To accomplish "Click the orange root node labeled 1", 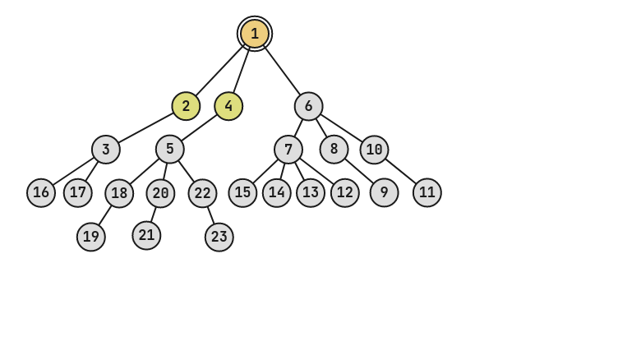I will tap(255, 34).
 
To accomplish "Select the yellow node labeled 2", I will tap(186, 106).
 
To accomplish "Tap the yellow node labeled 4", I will tap(228, 106).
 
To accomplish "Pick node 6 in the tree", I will tap(308, 106).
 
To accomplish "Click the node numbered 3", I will tap(106, 150).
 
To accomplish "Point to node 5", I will tap(170, 149).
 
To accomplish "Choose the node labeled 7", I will tap(288, 150).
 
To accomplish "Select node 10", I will tap(374, 150).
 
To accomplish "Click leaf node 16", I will tap(41, 193).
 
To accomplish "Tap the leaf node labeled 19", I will tap(91, 237).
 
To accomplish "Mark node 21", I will tap(146, 236).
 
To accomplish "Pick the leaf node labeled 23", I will tap(219, 237).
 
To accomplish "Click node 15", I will tap(242, 193).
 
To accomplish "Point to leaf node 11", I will tap(427, 193).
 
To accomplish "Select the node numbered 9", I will tap(384, 193).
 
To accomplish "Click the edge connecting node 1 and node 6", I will tap(282, 70).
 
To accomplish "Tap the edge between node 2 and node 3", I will tap(146, 127).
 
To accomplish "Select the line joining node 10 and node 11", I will tap(400, 171).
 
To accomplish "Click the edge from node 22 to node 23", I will tap(210, 215).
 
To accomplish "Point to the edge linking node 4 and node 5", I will tap(200, 127).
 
